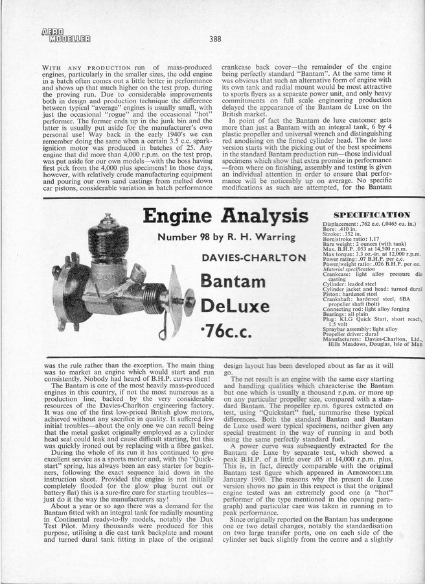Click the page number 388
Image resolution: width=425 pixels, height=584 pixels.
(216, 38)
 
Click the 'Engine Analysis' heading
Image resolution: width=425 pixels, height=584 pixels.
(225, 217)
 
